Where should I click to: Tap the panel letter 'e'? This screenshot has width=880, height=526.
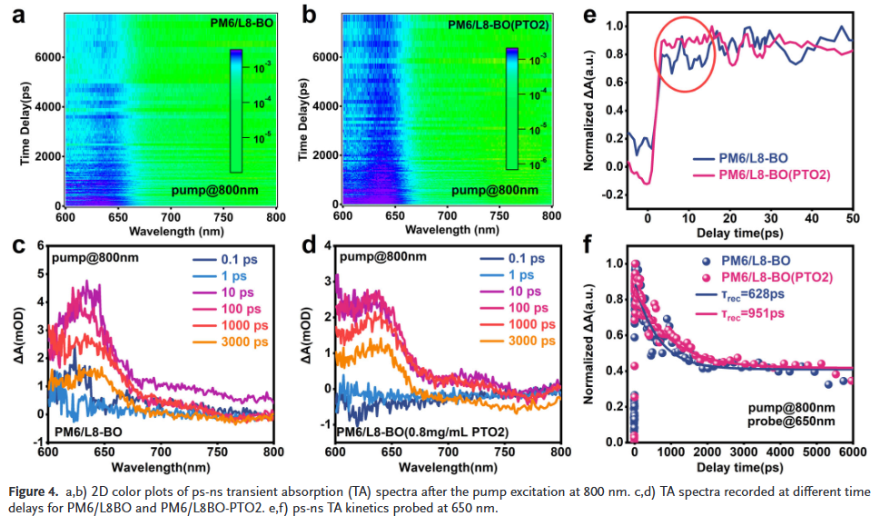[615, 15]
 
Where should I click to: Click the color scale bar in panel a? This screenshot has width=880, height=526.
[235, 110]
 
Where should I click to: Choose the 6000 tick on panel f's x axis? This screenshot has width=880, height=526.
[852, 453]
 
